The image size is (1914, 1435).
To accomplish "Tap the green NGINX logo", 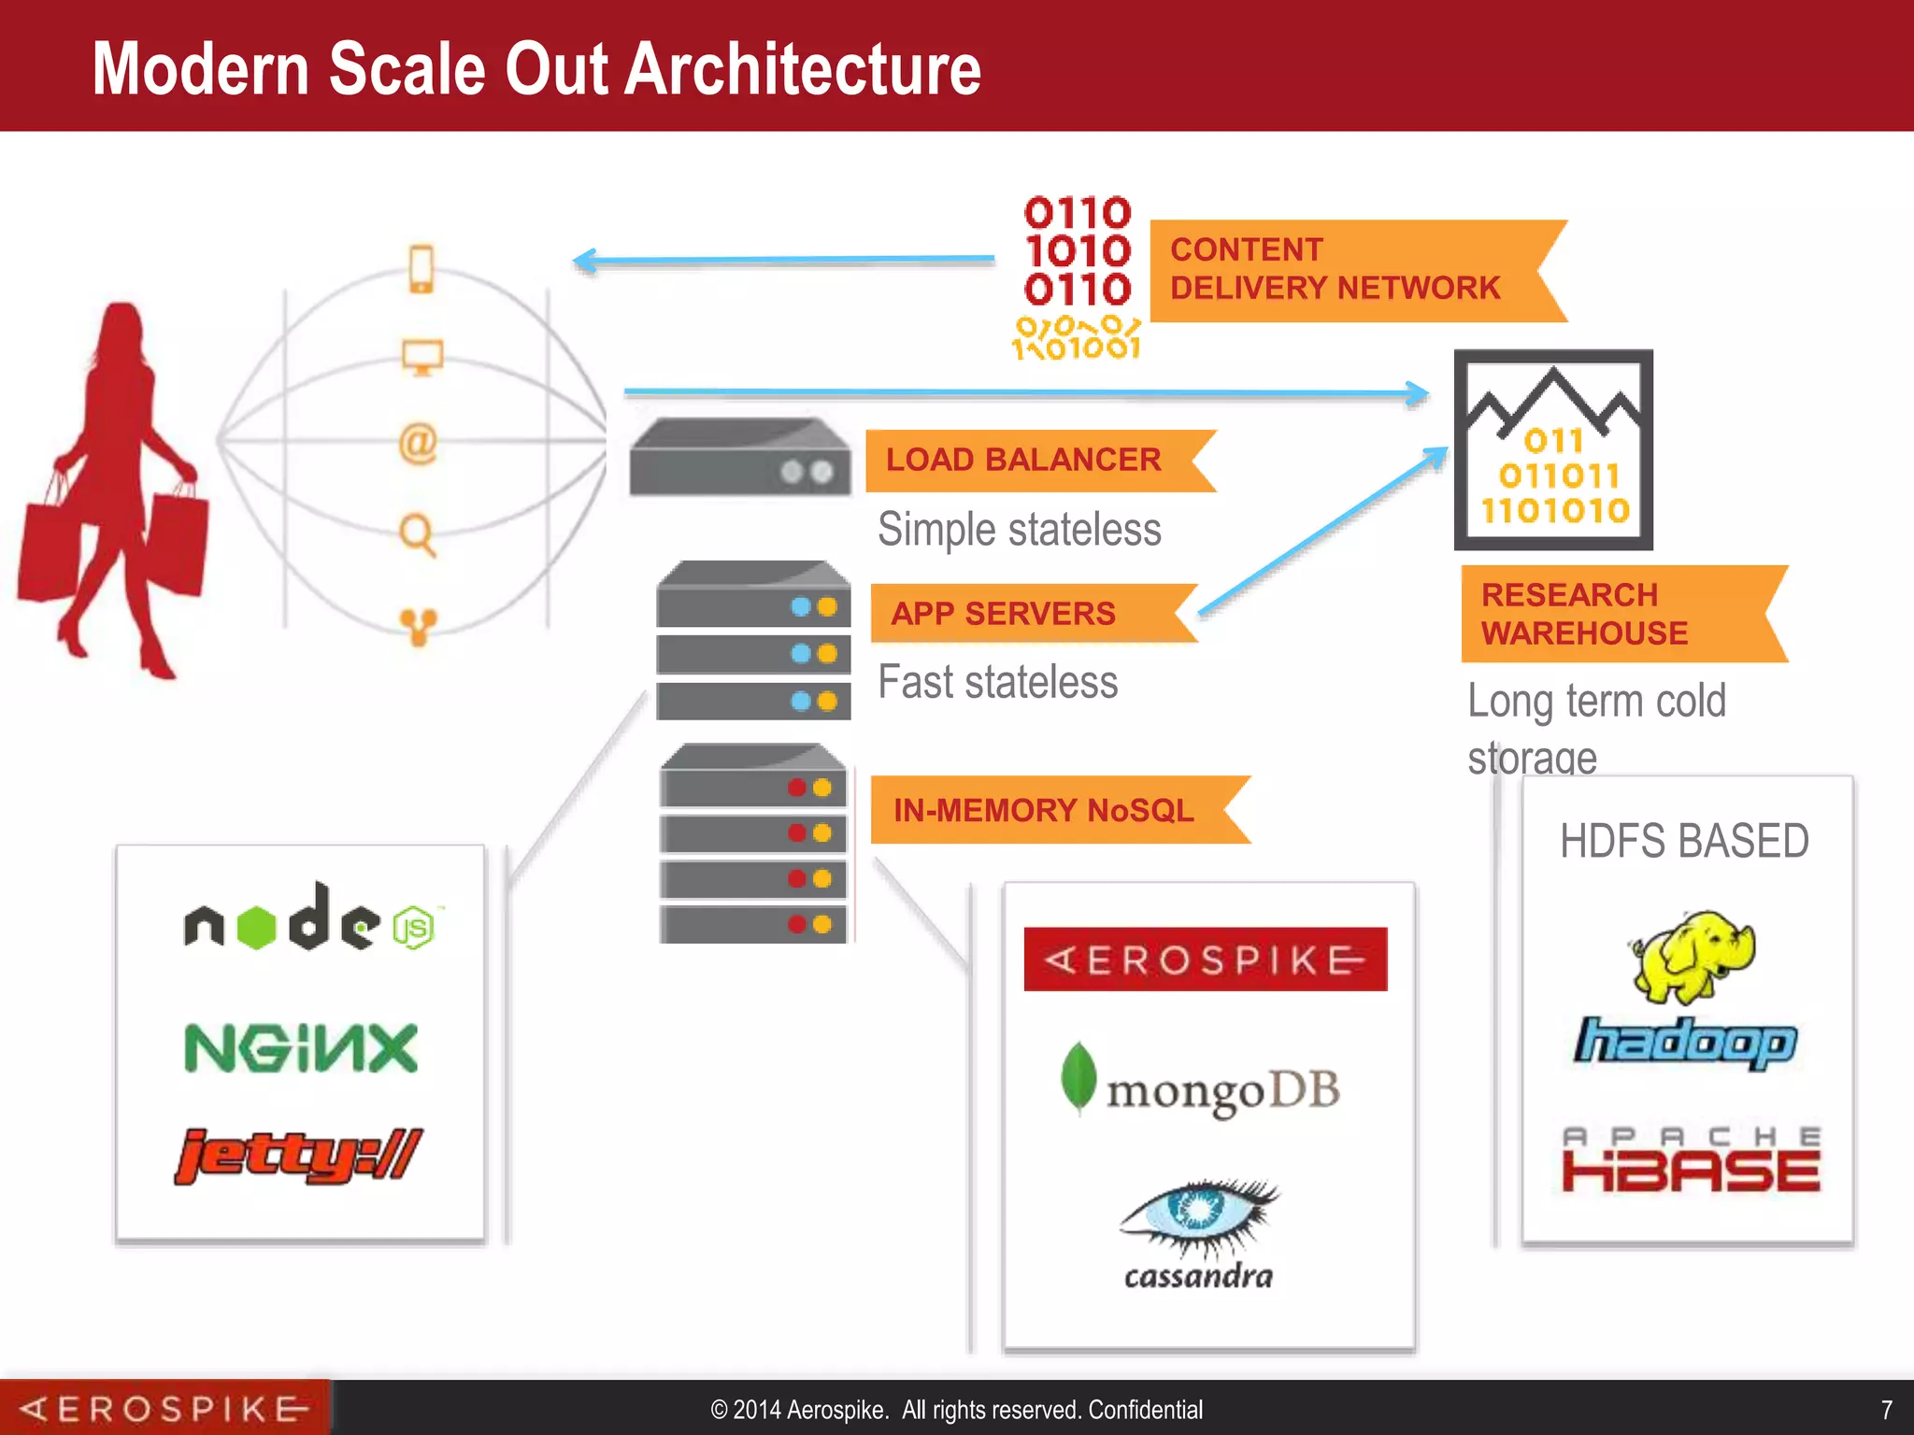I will click(x=301, y=1047).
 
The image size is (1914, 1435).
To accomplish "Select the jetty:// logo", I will click(x=299, y=1156).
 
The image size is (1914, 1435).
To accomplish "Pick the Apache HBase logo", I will click(x=1691, y=1160).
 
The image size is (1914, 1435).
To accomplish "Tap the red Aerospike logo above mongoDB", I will click(x=1206, y=959).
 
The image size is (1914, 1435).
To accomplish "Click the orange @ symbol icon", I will click(x=418, y=443).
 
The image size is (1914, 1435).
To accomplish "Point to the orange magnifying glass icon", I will click(x=417, y=535).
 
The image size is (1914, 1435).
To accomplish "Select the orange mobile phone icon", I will click(x=421, y=269).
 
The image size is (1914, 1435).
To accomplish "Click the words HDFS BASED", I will click(x=1684, y=841).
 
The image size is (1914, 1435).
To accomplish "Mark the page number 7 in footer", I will click(x=1886, y=1409).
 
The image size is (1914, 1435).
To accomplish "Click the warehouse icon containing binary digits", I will click(x=1553, y=450).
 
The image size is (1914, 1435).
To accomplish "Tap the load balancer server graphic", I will click(x=739, y=458).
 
